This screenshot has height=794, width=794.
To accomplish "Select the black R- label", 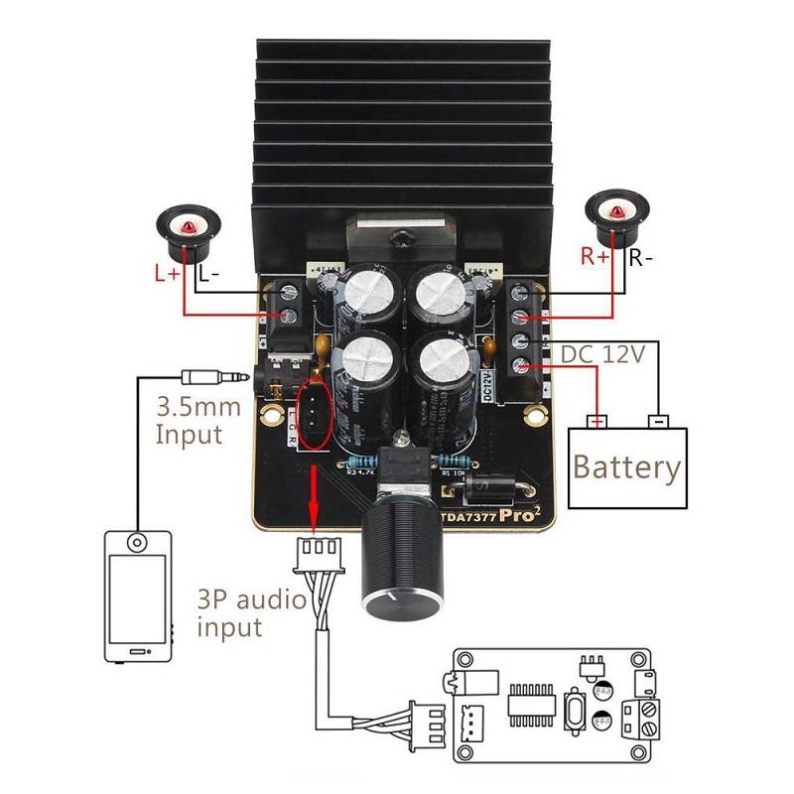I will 641,258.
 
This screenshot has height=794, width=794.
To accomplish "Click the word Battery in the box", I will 627,466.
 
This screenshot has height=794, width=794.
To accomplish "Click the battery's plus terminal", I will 597,421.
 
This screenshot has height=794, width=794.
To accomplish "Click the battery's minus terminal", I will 655,421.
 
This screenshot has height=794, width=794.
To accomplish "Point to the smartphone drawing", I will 138,595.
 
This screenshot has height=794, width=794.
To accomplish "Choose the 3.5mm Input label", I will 194,421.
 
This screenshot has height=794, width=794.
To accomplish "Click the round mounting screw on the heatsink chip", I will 401,238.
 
